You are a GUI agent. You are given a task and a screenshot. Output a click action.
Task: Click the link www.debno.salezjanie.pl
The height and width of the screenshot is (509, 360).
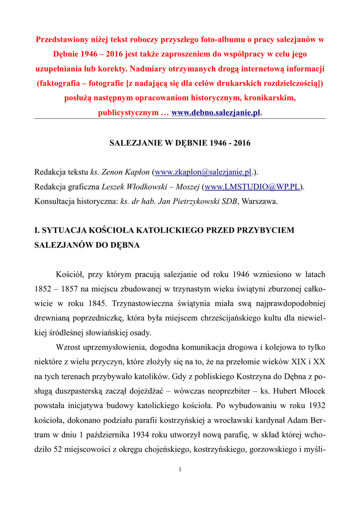(x=216, y=113)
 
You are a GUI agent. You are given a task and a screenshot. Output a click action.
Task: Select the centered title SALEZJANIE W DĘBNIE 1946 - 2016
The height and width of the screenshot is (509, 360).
(x=180, y=143)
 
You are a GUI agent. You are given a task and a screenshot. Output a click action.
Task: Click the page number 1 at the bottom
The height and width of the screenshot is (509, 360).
(x=180, y=470)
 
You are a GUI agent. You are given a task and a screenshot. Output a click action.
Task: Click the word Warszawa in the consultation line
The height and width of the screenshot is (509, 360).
(x=259, y=201)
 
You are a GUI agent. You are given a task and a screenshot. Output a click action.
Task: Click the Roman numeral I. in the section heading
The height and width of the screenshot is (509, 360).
(x=37, y=231)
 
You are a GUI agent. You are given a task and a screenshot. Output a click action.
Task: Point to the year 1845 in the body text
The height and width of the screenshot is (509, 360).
(x=97, y=303)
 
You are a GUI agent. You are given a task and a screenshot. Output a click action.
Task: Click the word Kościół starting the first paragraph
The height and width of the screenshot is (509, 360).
(x=72, y=274)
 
